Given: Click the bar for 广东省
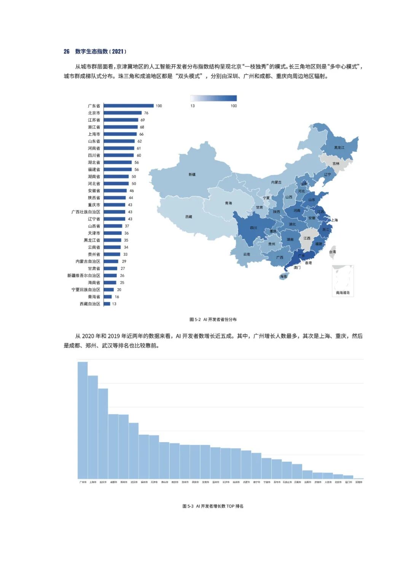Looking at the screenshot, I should pos(128,106).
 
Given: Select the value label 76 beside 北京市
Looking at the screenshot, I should pos(146,113).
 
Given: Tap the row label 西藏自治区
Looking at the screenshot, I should pos(90,304).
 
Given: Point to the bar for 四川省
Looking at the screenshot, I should pos(118,155).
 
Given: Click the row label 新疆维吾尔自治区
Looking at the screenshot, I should pos(84,276).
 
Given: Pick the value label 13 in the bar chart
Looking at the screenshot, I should pos(114,304).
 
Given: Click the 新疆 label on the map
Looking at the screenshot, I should pos(192,175).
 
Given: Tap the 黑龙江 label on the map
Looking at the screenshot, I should pos(339,147).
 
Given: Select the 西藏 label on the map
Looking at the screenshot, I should pos(189,217).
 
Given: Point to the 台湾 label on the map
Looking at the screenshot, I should pos(333,252).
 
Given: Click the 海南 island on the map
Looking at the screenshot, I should pos(284,276).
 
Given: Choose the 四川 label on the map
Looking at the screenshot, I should pos(253,228).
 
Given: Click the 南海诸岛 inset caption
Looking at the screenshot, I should pos(342,293).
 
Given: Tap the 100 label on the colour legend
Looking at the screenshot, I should pos(234,106).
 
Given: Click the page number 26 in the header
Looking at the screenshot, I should pos(67,51).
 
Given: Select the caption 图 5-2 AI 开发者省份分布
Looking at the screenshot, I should pos(213,319).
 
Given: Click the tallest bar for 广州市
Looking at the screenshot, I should pos(83,419).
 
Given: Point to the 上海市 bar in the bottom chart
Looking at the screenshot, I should pos(93,427).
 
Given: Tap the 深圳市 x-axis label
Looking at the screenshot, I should pos(358,482).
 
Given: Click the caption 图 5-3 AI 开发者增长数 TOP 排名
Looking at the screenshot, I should pos(213,506).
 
